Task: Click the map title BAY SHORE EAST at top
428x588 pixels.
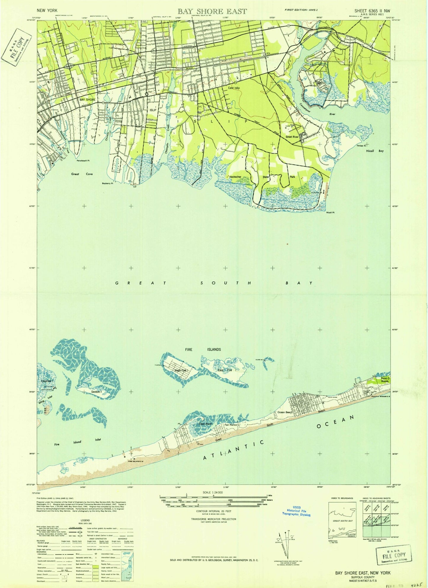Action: (x=212, y=11)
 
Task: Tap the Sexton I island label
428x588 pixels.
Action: (x=97, y=392)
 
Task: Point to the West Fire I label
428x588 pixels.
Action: (x=181, y=371)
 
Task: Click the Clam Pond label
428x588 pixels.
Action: (x=205, y=424)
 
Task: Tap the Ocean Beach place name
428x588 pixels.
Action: (x=285, y=412)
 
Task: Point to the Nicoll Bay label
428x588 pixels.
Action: (x=374, y=151)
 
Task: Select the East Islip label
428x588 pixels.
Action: (x=234, y=88)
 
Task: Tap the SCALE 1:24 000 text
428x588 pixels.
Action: (x=213, y=492)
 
